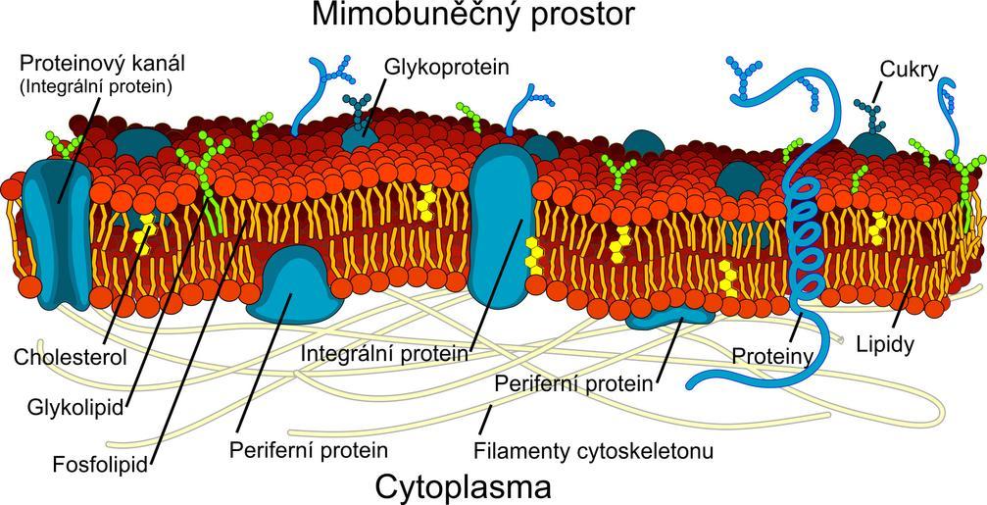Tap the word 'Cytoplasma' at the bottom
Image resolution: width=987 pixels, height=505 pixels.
point(463,486)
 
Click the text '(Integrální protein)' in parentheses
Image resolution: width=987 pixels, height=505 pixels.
point(96,86)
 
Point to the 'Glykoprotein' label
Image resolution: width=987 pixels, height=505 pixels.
point(447,67)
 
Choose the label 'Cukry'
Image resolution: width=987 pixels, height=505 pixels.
point(909,70)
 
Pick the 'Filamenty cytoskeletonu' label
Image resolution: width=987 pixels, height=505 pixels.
point(593,451)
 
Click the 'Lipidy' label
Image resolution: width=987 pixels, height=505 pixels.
point(885,344)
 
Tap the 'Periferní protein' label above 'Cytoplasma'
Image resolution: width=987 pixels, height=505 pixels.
point(309,450)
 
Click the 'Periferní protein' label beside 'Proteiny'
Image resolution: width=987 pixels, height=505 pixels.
point(574,382)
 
